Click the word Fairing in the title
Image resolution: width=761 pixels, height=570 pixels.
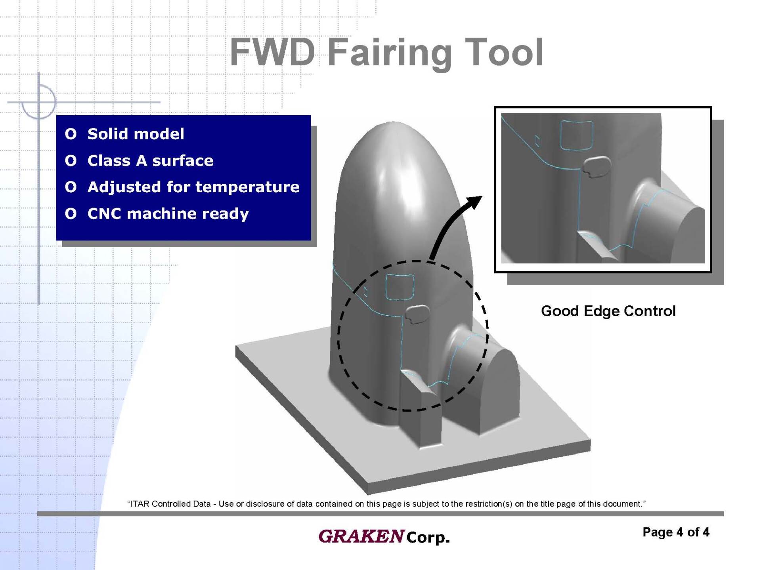click(390, 53)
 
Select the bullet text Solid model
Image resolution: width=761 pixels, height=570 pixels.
click(136, 134)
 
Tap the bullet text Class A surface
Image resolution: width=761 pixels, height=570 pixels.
click(150, 160)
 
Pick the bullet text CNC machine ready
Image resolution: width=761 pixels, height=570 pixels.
click(168, 214)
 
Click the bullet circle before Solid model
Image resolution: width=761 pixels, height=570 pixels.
click(71, 134)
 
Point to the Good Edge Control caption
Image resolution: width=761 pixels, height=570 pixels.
click(608, 311)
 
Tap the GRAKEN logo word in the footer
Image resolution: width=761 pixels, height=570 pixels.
click(361, 536)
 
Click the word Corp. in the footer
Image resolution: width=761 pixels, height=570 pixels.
click(428, 538)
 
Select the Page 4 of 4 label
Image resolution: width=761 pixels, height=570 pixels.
click(676, 532)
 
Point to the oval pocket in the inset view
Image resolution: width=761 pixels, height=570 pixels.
click(597, 166)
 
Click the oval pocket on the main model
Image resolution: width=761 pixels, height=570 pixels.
click(417, 314)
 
